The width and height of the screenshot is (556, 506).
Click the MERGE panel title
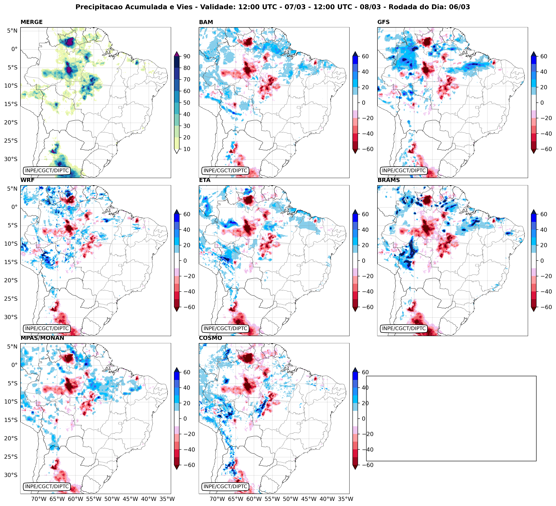pos(31,22)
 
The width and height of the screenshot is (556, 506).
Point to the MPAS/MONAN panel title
pos(42,338)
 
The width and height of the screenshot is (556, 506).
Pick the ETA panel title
pos(205,180)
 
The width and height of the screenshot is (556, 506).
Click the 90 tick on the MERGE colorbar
pos(187,56)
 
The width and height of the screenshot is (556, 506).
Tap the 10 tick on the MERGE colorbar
pos(187,149)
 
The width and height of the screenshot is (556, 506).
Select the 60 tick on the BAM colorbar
pos(365,56)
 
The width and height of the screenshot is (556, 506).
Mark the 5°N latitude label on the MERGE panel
pos(12,31)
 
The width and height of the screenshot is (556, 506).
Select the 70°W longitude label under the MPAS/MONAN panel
pos(39,499)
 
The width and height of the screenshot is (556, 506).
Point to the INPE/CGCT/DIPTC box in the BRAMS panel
pos(404,328)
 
